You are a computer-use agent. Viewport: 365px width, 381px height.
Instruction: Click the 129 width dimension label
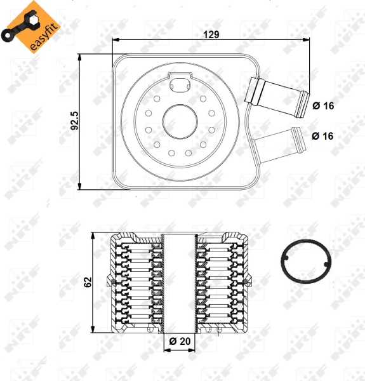pyautogui.click(x=211, y=34)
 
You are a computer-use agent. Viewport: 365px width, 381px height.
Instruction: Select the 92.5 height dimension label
pyautogui.click(x=74, y=121)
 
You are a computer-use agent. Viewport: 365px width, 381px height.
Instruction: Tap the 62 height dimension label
pyautogui.click(x=88, y=282)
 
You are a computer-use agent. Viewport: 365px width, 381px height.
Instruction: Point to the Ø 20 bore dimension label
pyautogui.click(x=180, y=341)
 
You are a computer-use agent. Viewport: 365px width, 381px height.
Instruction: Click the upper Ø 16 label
pyautogui.click(x=323, y=105)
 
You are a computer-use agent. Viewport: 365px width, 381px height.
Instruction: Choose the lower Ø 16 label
pyautogui.click(x=322, y=136)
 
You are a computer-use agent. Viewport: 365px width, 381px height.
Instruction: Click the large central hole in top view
pyautogui.click(x=180, y=121)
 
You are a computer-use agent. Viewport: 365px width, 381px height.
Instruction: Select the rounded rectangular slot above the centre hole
pyautogui.click(x=180, y=85)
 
